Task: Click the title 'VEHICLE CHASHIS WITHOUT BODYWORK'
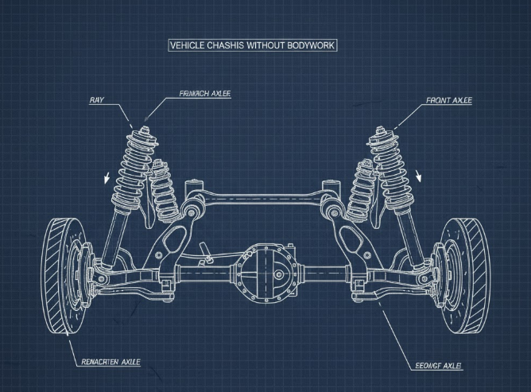pos(253,45)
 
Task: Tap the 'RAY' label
pos(96,100)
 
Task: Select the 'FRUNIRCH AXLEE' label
pos(205,94)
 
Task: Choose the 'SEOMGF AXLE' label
pos(439,365)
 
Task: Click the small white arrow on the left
pos(106,176)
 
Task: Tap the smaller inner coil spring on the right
pos(362,191)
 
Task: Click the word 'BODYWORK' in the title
pos(305,45)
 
